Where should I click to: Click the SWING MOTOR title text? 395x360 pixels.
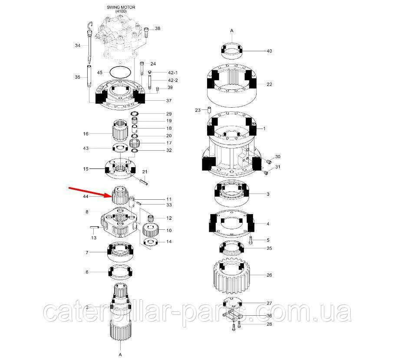point(121,7)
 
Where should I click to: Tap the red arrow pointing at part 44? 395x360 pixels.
point(91,192)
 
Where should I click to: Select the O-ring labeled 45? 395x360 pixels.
point(120,73)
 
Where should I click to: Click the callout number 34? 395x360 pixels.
point(78,46)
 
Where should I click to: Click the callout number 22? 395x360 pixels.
point(269,84)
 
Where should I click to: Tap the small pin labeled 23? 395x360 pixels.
point(209,110)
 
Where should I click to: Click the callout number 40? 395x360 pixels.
point(269,51)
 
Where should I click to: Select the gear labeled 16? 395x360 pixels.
point(120,130)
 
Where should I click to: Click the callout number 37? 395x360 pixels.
point(169,101)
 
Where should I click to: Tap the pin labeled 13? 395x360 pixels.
point(94,228)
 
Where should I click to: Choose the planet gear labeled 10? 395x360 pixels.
point(150,229)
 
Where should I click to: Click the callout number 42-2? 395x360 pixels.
point(173,80)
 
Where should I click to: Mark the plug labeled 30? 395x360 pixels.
point(269,161)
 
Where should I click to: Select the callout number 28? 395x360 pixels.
point(269,324)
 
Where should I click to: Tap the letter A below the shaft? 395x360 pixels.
point(120,355)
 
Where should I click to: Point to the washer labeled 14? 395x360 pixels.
point(151,242)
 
